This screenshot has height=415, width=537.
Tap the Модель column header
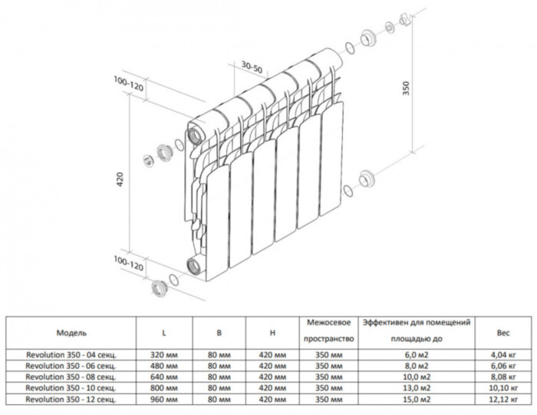(x=71, y=334)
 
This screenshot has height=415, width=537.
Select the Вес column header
(x=503, y=334)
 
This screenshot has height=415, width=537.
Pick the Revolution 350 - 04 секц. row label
(x=70, y=355)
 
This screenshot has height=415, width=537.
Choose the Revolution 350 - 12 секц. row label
(x=70, y=400)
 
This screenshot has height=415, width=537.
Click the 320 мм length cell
(x=164, y=355)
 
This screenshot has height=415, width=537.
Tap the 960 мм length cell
(x=164, y=400)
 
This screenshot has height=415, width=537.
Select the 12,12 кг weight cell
(x=503, y=400)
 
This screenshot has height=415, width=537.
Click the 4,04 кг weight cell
(x=503, y=355)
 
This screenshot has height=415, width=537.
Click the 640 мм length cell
(x=164, y=377)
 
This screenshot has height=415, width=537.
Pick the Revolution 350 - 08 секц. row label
(x=70, y=377)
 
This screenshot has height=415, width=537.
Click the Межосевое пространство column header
(x=328, y=330)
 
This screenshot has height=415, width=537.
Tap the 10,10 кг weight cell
(x=503, y=389)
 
